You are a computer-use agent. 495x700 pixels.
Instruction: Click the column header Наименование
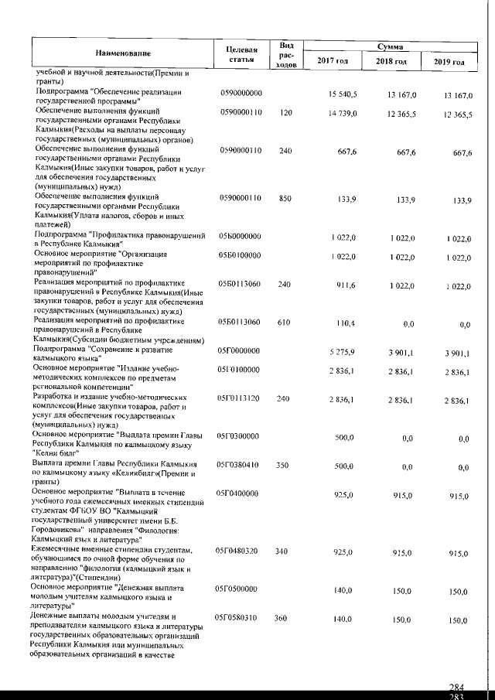pyautogui.click(x=124, y=53)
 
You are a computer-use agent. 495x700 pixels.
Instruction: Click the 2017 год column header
pyautogui.click(x=333, y=61)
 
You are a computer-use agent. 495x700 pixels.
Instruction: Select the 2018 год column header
pyautogui.click(x=390, y=61)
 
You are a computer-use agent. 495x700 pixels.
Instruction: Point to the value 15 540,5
pyautogui.click(x=342, y=94)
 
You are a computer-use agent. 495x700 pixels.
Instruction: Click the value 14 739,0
pyautogui.click(x=342, y=113)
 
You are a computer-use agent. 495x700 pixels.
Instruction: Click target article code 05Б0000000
pyautogui.click(x=242, y=234)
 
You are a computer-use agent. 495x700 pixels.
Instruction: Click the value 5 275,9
pyautogui.click(x=342, y=350)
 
